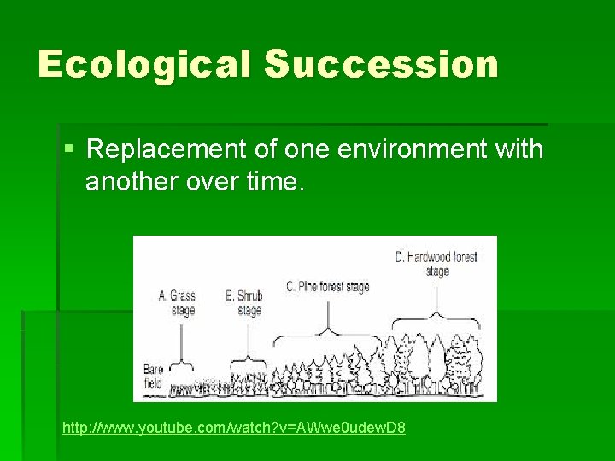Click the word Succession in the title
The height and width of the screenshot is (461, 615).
point(381,65)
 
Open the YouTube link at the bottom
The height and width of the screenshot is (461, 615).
point(234,426)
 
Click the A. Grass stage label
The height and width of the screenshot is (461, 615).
point(178,303)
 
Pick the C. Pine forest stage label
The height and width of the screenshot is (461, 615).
point(328,287)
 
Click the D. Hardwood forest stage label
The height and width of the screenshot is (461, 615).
point(436,264)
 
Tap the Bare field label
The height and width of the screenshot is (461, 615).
point(153,376)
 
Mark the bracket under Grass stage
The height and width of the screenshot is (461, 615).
point(180,359)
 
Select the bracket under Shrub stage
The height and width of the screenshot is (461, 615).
point(249,355)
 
